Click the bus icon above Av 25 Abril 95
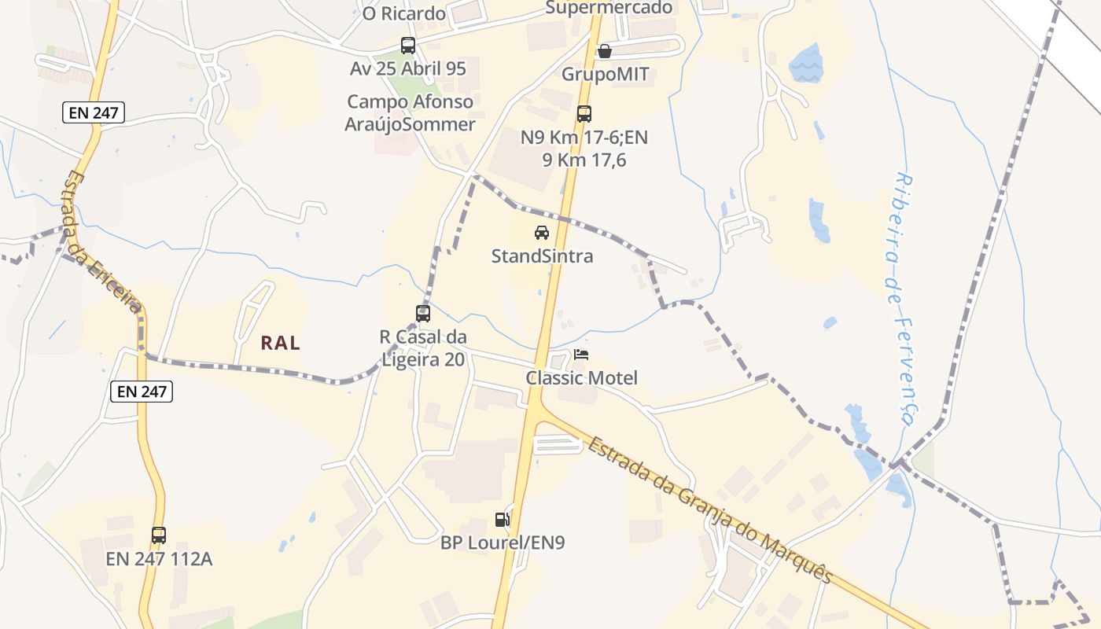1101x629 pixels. [x=407, y=46]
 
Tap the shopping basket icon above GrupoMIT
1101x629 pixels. [x=605, y=51]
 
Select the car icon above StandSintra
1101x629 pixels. [x=542, y=233]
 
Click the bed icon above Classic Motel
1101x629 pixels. [x=581, y=355]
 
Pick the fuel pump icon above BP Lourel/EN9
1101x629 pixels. [x=502, y=519]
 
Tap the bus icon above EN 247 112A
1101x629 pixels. [x=159, y=535]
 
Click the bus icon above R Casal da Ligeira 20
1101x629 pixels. [x=423, y=314]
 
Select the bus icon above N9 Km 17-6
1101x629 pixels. [x=584, y=114]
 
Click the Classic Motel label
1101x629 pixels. [x=582, y=378]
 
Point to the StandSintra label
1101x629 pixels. [x=542, y=256]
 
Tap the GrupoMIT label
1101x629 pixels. [x=605, y=75]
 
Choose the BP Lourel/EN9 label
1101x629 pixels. [x=503, y=543]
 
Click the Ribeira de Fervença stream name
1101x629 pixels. [x=904, y=299]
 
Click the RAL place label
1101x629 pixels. [x=281, y=343]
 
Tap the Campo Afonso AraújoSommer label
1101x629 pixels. [x=411, y=113]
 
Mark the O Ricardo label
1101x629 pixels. [x=403, y=14]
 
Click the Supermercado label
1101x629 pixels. [x=609, y=8]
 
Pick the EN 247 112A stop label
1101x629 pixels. [x=160, y=560]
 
